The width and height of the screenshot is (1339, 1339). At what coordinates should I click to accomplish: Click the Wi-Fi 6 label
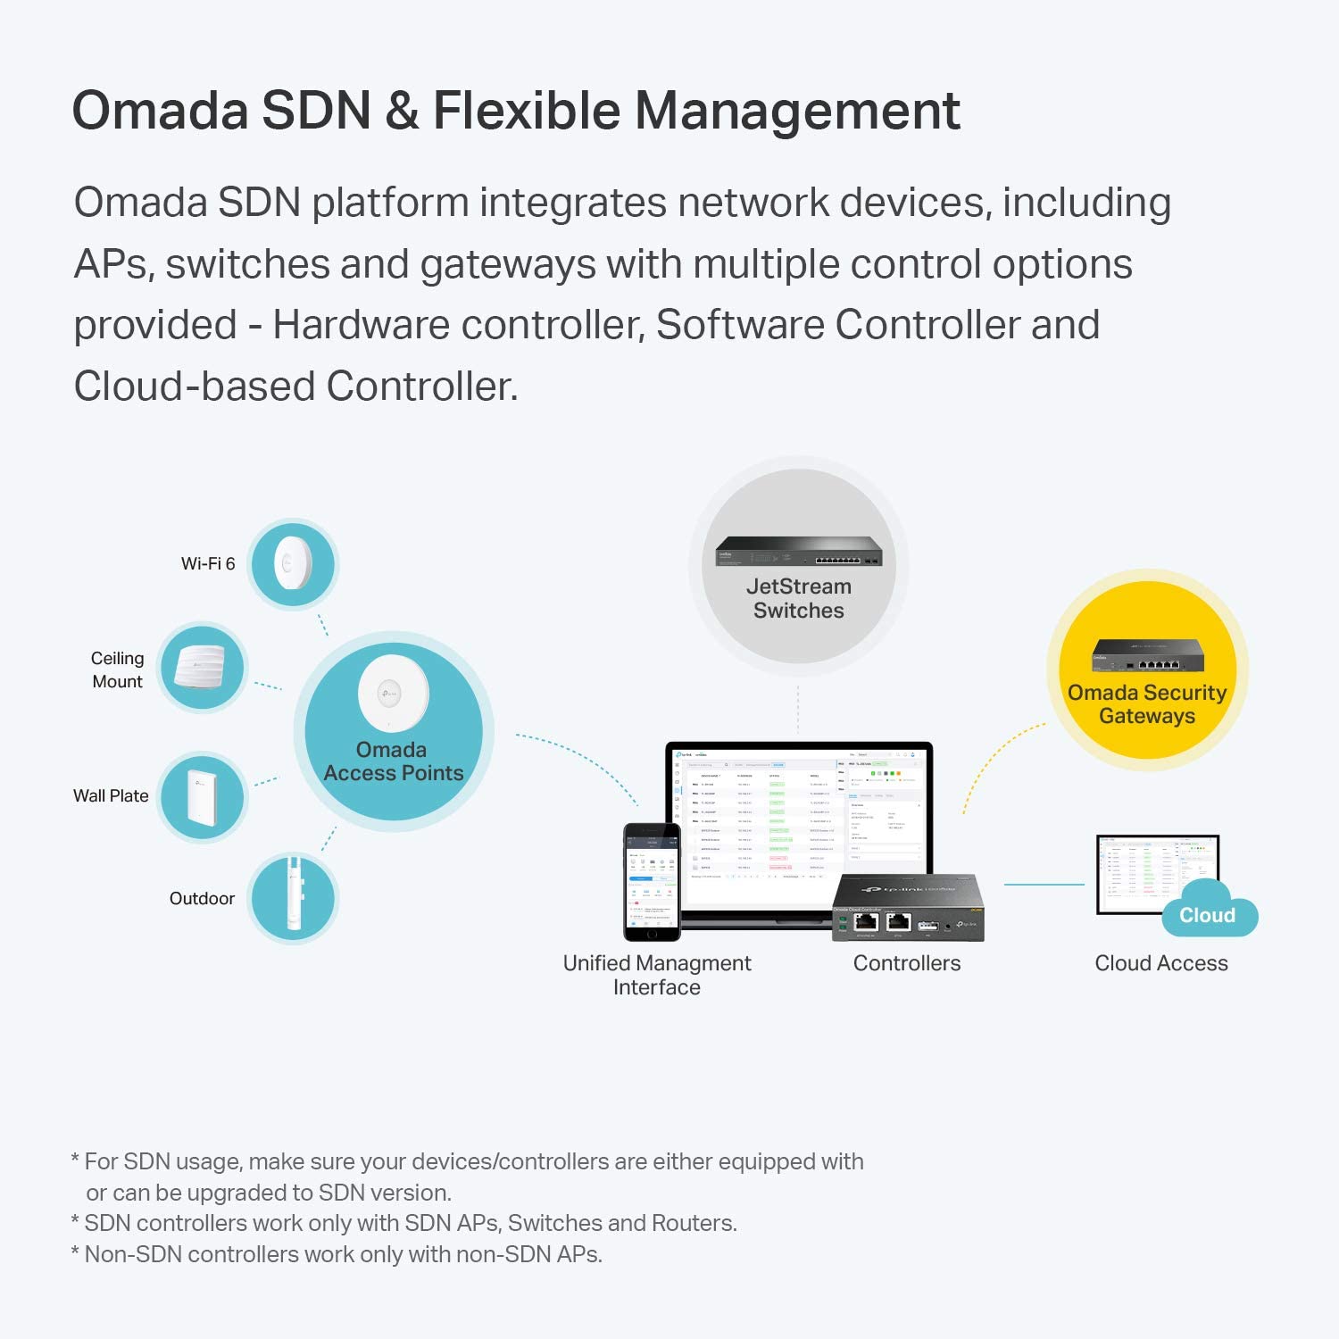(x=208, y=564)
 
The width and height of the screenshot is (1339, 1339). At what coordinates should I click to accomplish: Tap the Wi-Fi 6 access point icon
(x=293, y=564)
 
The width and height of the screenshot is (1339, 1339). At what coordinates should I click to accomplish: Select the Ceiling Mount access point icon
(x=203, y=668)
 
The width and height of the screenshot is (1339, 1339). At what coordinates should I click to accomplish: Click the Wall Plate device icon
(x=203, y=796)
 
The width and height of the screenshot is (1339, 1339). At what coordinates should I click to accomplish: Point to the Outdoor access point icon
(x=293, y=898)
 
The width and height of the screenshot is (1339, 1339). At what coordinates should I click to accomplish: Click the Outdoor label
(x=202, y=899)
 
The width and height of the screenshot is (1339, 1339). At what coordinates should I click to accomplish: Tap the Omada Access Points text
(x=393, y=761)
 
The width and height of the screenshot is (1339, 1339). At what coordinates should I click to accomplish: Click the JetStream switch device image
(x=799, y=552)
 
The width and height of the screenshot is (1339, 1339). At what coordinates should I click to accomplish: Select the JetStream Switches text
(x=799, y=599)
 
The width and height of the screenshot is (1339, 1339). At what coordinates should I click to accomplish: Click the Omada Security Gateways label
(x=1147, y=704)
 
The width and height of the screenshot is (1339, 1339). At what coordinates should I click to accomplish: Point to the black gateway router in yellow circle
(x=1148, y=656)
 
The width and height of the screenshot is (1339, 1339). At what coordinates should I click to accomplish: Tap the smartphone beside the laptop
(x=652, y=882)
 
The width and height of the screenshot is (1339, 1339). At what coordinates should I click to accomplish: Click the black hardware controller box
(x=909, y=908)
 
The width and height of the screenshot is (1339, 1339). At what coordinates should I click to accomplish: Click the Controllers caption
(x=907, y=963)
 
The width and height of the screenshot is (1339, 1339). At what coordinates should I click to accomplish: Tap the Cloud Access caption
(x=1161, y=963)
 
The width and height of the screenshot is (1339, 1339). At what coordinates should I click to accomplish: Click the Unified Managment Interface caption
(x=657, y=975)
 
